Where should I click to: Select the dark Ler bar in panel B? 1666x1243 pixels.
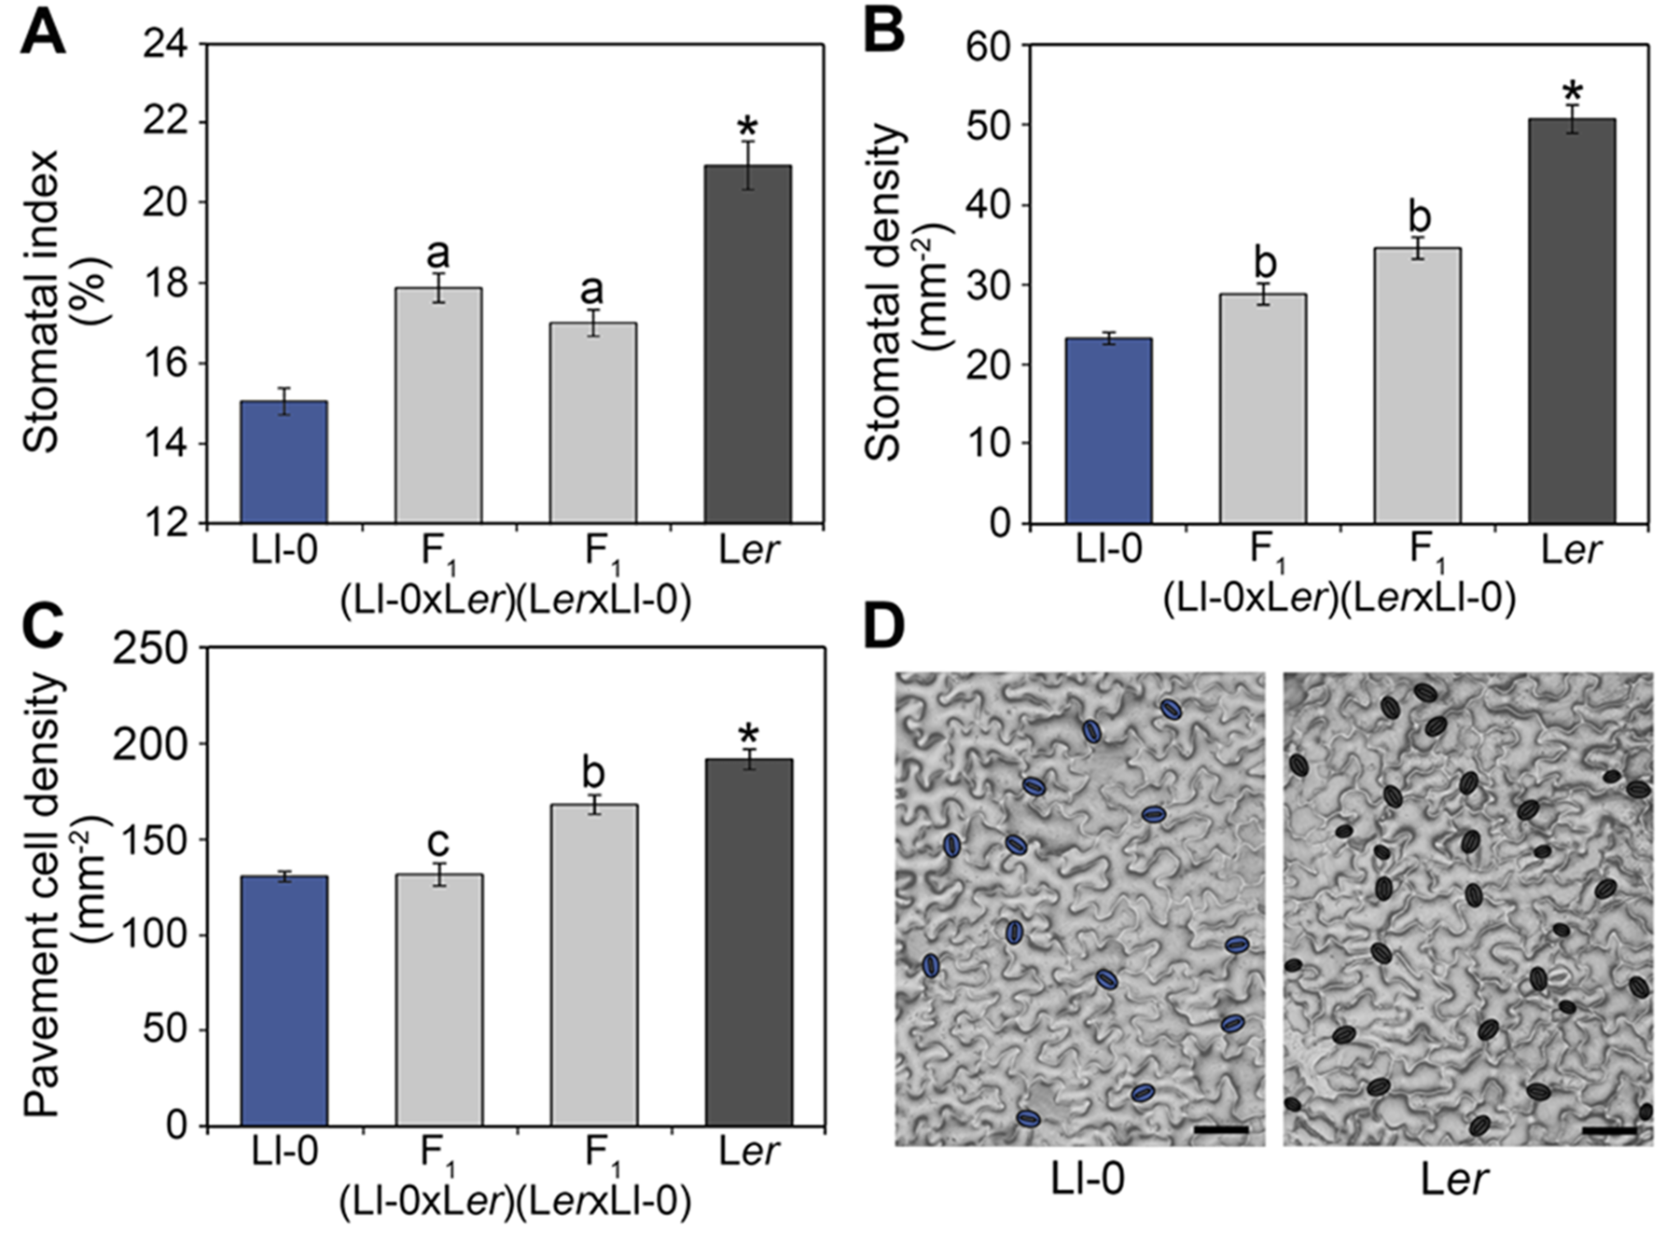pos(1571,321)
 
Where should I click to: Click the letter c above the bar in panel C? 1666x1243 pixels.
pos(437,842)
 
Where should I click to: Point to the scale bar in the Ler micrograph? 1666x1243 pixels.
pos(1609,1130)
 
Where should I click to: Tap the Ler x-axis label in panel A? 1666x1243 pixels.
pos(748,551)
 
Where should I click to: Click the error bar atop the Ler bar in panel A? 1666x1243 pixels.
pos(747,165)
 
